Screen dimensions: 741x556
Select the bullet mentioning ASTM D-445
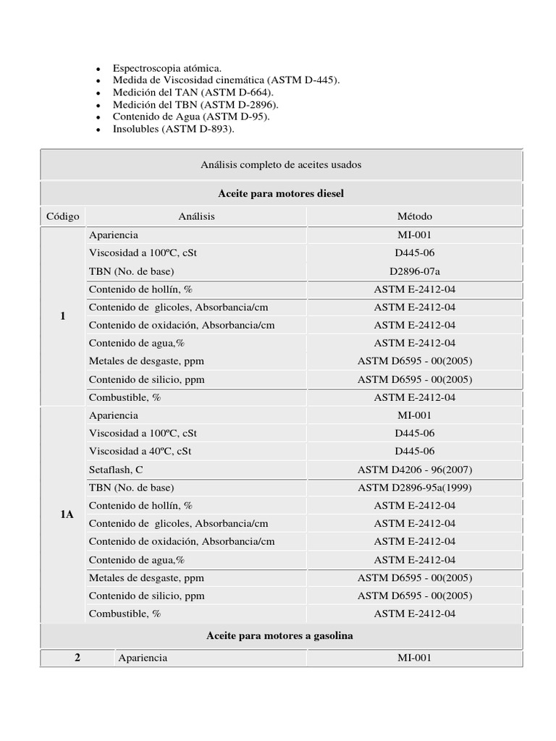click(x=226, y=80)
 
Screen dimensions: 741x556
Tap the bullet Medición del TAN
click(x=193, y=93)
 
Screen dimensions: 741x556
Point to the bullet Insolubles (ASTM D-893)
click(x=174, y=130)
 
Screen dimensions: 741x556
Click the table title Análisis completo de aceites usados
click(x=281, y=165)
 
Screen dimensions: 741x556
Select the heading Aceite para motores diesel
click(x=281, y=194)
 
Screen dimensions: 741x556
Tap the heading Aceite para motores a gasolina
click(x=281, y=636)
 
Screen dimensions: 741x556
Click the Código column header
click(x=63, y=216)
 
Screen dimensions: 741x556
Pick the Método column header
click(x=415, y=216)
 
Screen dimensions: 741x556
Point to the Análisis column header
click(x=196, y=216)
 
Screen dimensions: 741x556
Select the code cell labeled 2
click(x=77, y=658)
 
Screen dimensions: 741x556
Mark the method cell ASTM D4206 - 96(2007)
click(x=415, y=469)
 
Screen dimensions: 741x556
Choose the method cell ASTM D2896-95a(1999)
click(x=415, y=487)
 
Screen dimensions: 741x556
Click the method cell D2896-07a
click(x=415, y=271)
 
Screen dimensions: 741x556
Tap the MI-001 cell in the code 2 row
click(x=415, y=658)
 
